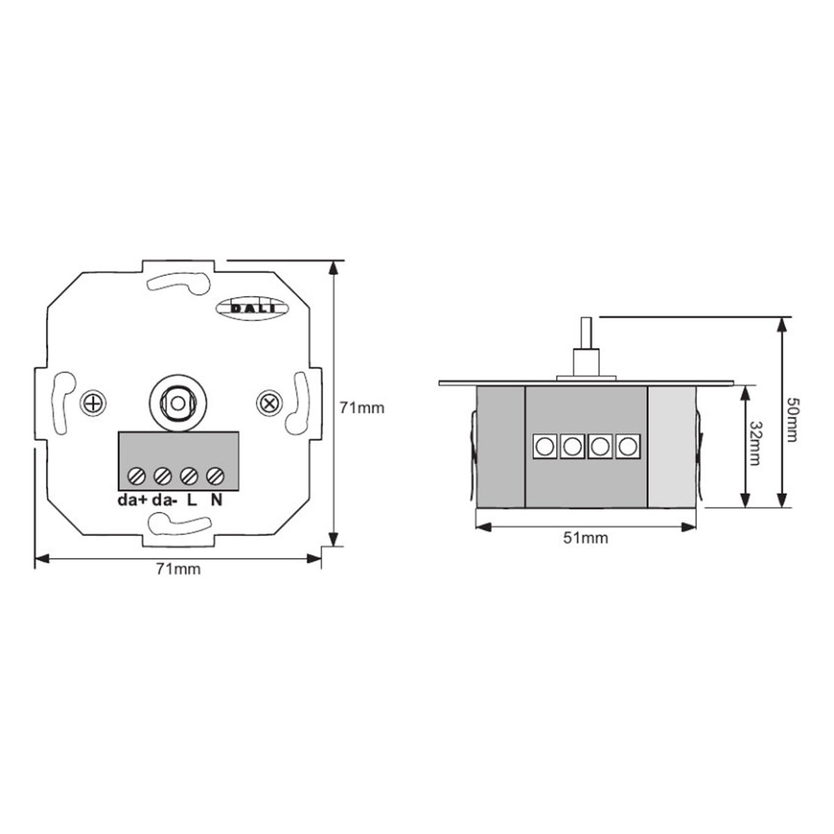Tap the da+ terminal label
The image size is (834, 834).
coord(131,500)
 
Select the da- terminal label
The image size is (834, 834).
coord(165,500)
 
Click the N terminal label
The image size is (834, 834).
coord(216,500)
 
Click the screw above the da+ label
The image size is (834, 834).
coord(136,476)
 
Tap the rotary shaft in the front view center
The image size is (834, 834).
coord(179,402)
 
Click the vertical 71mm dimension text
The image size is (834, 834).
coord(361,408)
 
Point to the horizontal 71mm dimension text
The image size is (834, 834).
coord(178,570)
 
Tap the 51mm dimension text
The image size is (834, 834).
coord(585,538)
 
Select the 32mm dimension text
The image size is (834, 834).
coord(755,443)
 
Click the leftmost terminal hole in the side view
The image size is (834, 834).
coord(544,446)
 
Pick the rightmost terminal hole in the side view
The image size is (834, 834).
coord(628,446)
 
